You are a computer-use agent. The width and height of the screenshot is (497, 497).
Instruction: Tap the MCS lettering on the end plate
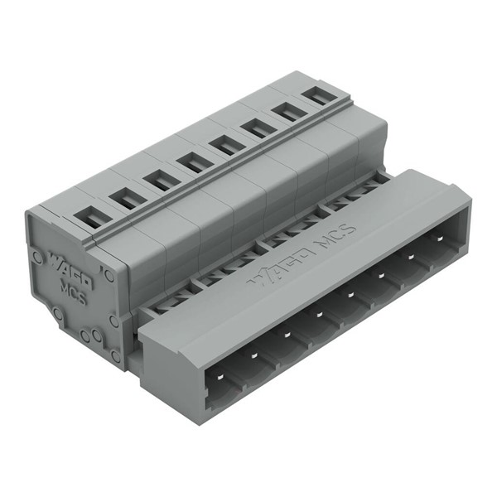tap(75, 292)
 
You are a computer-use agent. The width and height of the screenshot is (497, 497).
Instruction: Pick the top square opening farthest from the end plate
tap(314, 94)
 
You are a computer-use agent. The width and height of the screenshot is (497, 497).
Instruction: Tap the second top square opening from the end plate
tap(125, 197)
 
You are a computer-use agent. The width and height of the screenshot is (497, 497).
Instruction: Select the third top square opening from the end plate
tap(160, 178)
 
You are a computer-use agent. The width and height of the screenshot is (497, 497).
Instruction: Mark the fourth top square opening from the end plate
tap(193, 161)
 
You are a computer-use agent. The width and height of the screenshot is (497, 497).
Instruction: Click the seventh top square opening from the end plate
tap(287, 110)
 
